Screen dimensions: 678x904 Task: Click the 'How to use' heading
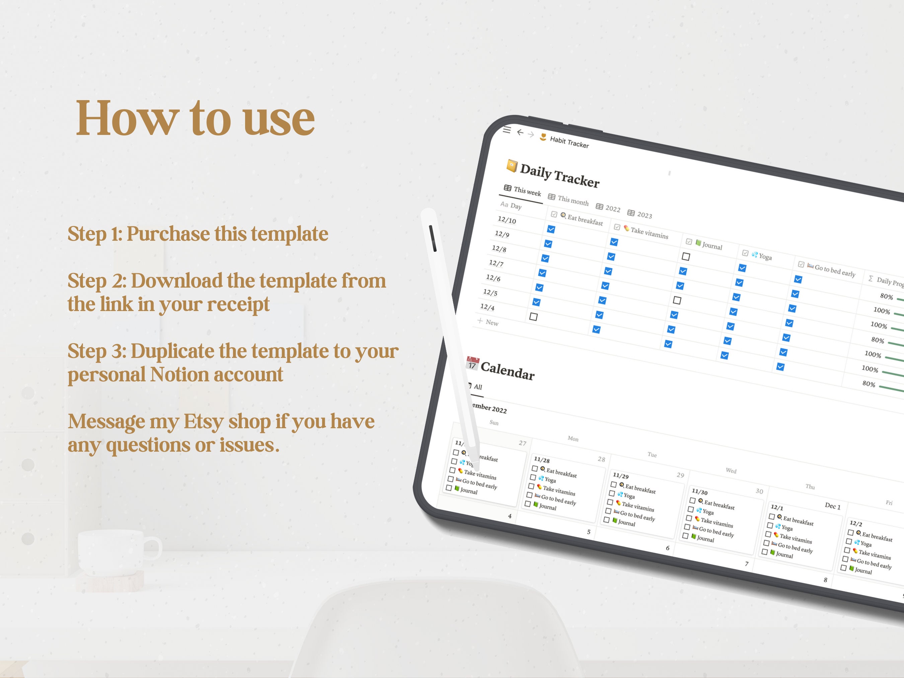pos(195,119)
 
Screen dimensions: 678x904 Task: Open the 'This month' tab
pos(569,200)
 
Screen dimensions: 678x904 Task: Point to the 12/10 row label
pos(507,220)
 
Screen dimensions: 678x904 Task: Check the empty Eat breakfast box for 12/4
pos(533,317)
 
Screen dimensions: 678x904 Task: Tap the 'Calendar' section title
pos(507,370)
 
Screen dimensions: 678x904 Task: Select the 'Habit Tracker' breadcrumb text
pos(569,142)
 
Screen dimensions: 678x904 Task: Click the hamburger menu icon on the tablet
pos(507,130)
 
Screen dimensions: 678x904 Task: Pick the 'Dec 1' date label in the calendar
pos(832,506)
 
